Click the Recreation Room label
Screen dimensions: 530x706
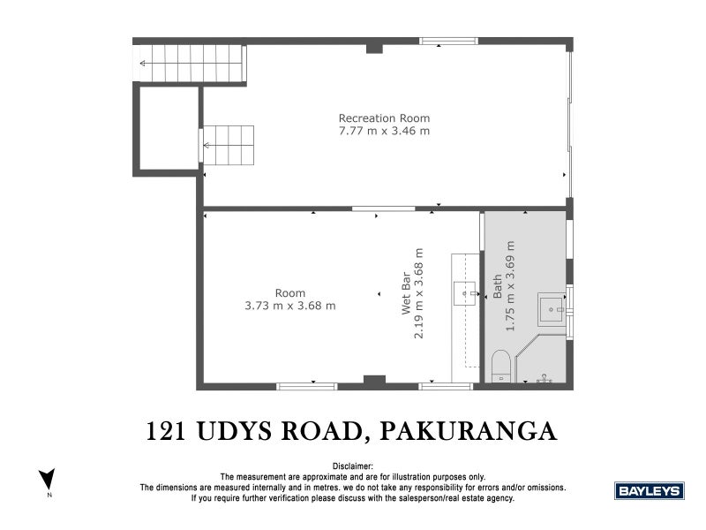pos(384,118)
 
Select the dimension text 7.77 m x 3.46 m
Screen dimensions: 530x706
pos(384,132)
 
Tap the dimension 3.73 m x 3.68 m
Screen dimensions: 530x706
pos(289,307)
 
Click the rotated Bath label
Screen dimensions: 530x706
pos(498,291)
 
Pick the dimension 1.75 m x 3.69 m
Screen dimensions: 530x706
pos(510,285)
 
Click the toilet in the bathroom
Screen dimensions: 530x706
pos(499,367)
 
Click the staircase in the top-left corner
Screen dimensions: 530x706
pos(191,64)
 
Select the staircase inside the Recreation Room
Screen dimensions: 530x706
pos(229,144)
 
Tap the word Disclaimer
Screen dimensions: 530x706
pos(353,466)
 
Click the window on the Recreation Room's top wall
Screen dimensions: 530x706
pos(448,41)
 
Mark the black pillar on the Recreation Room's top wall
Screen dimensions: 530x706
pos(374,47)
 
